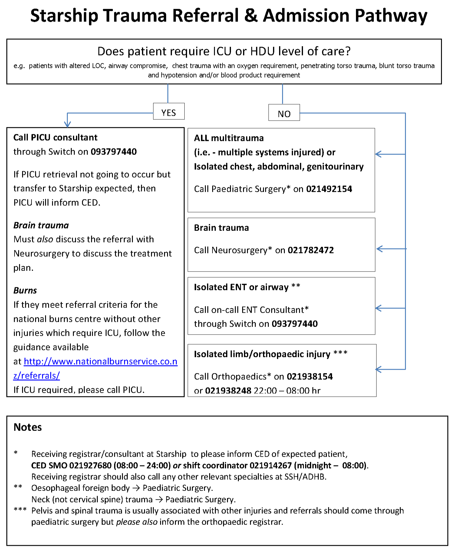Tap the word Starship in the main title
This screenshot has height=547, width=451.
tap(64, 16)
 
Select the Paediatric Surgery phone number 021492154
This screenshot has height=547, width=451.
tap(329, 189)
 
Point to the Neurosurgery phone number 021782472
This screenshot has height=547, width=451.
tap(311, 250)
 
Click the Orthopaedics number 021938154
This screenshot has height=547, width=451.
tap(310, 377)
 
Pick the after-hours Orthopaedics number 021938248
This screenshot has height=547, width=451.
tap(228, 391)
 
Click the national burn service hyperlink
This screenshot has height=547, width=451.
tap(100, 362)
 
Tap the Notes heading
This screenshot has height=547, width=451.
tap(28, 427)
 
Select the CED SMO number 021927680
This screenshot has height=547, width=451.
tap(91, 465)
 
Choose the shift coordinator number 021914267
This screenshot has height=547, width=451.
tap(271, 465)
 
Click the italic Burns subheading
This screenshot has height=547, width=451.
tap(25, 291)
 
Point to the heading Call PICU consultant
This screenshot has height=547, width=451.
tap(55, 138)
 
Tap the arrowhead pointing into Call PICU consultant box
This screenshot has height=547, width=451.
tap(67, 124)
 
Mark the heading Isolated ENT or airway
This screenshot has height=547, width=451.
tap(241, 287)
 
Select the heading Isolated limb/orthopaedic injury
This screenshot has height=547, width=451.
tap(262, 354)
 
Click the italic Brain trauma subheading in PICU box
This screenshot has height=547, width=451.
tap(41, 225)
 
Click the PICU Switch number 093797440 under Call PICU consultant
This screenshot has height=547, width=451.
tap(114, 152)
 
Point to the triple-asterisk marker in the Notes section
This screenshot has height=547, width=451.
tap(20, 510)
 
